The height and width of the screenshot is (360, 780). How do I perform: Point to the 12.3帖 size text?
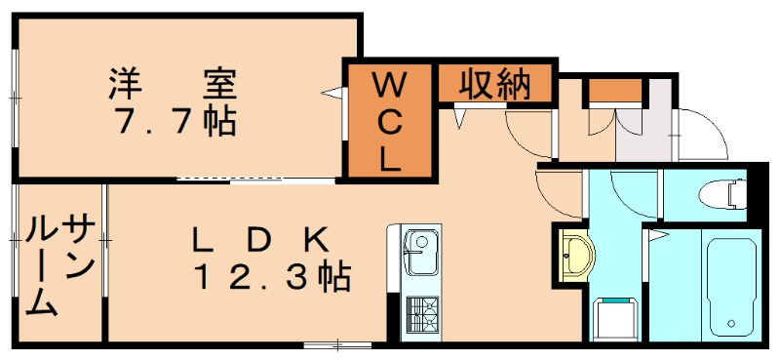pyautogui.click(x=270, y=278)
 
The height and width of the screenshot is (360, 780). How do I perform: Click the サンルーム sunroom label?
pyautogui.click(x=58, y=266)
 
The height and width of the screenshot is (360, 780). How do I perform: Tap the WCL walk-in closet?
pyautogui.click(x=389, y=121)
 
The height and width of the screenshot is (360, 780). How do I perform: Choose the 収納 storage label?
pyautogui.click(x=494, y=85)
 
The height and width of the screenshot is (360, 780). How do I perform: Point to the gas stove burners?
pyautogui.click(x=423, y=315)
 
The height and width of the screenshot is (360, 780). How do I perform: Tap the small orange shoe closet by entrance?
pyautogui.click(x=615, y=93)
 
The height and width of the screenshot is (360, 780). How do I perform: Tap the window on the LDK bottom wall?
pyautogui.click(x=337, y=343)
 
